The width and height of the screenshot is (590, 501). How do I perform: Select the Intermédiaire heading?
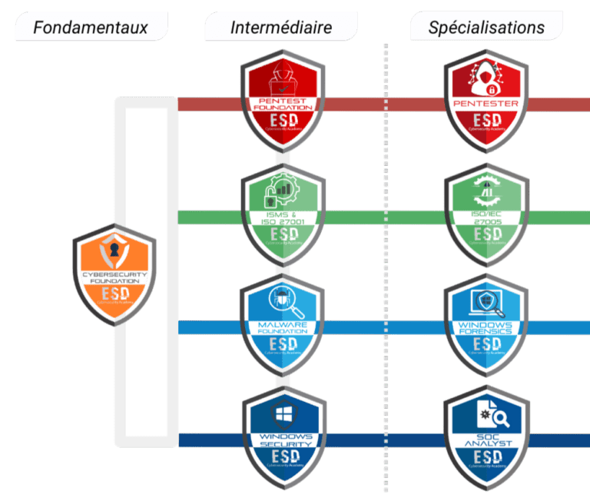click(x=281, y=28)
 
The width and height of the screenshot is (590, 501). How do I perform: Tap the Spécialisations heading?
click(x=486, y=28)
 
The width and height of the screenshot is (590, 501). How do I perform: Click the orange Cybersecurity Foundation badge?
click(x=114, y=274)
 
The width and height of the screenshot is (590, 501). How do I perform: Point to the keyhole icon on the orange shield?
click(x=114, y=252)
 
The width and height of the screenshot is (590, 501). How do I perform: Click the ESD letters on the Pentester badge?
click(x=486, y=121)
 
